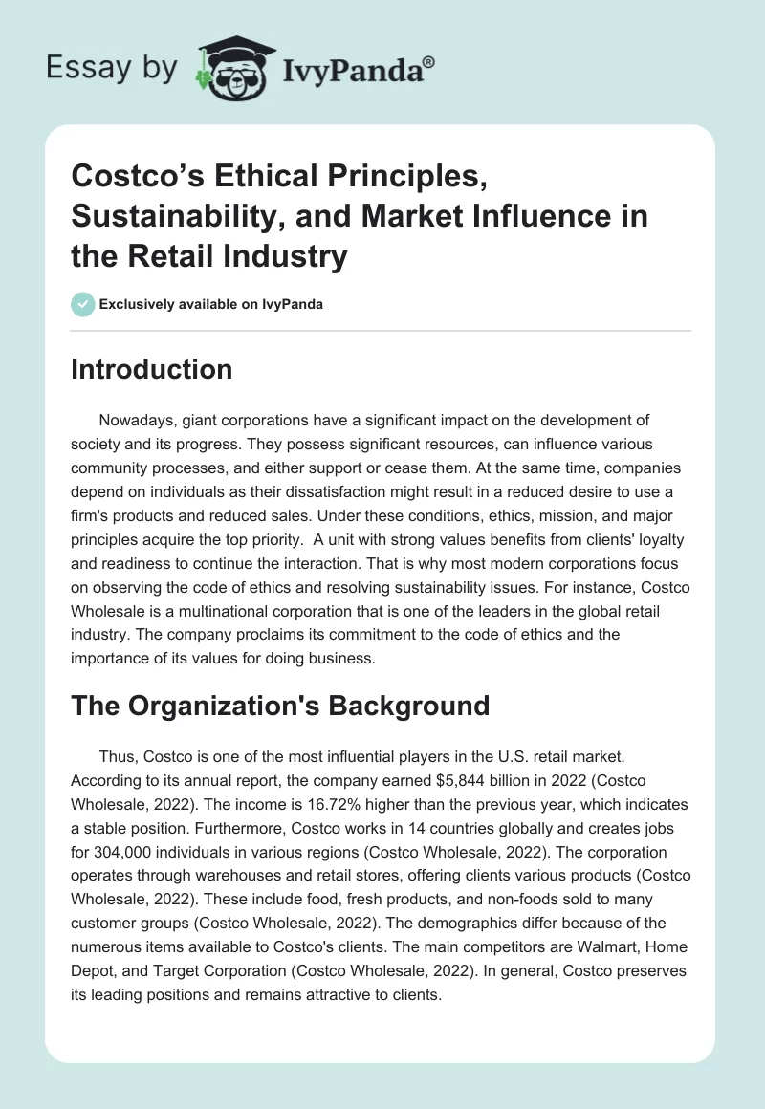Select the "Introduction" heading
(151, 370)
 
